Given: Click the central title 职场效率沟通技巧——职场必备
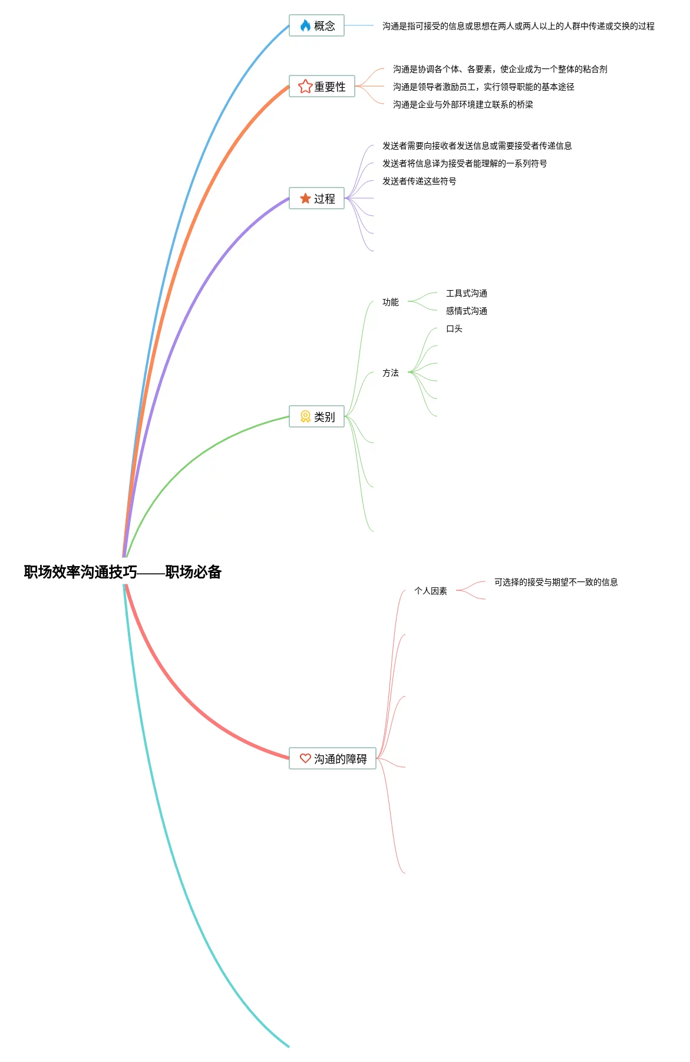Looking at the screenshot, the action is click(x=123, y=572).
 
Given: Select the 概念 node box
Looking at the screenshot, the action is click(x=317, y=26).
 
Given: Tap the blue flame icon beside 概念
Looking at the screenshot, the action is click(x=305, y=26).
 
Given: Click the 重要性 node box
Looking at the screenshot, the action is click(x=322, y=87).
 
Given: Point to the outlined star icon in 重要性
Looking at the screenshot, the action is click(x=305, y=87).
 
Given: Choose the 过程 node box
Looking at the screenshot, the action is click(x=317, y=199).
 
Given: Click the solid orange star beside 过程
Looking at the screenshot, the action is click(x=305, y=199).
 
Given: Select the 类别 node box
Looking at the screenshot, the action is click(x=317, y=417).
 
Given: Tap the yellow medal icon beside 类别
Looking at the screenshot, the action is click(x=305, y=417).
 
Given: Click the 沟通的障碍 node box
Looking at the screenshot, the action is click(x=333, y=759).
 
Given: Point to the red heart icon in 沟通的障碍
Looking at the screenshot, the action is click(x=305, y=758).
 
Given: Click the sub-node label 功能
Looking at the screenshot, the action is click(x=391, y=302).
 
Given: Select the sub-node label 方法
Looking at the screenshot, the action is click(x=391, y=373).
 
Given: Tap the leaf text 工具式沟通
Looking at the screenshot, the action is click(x=467, y=293).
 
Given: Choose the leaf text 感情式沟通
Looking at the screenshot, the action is click(x=467, y=311).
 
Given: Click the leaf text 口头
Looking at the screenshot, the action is click(x=454, y=328).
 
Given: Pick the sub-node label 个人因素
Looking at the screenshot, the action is click(x=431, y=591).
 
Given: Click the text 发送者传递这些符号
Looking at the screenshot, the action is click(x=420, y=181).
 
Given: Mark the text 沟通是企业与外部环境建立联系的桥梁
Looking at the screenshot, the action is click(x=463, y=104).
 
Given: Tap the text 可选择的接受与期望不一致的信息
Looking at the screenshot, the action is click(x=556, y=582).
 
